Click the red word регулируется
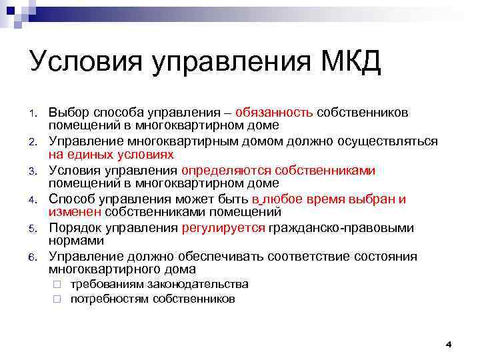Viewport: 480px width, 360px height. coord(223,229)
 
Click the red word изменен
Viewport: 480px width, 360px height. coord(75,212)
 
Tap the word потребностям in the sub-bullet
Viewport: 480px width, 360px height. coord(109,299)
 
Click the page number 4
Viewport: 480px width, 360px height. coord(449,344)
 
